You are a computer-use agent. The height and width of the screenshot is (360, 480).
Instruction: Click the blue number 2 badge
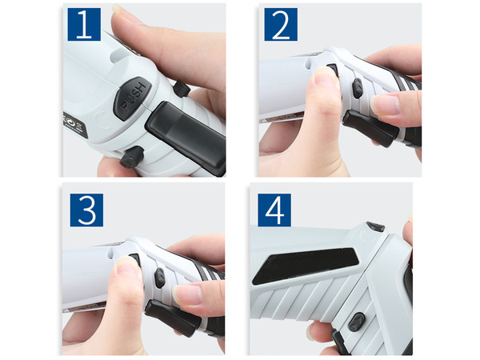(280, 26)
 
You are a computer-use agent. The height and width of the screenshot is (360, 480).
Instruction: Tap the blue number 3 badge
(86, 209)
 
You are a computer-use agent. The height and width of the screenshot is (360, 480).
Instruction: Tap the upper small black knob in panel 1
(181, 90)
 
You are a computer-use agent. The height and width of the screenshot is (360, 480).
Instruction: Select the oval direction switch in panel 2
(357, 88)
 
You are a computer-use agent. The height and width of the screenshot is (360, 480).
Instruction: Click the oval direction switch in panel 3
(160, 277)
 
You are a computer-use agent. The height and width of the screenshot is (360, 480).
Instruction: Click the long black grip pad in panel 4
(305, 266)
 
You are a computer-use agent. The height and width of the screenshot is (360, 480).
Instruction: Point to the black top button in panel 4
(375, 227)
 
